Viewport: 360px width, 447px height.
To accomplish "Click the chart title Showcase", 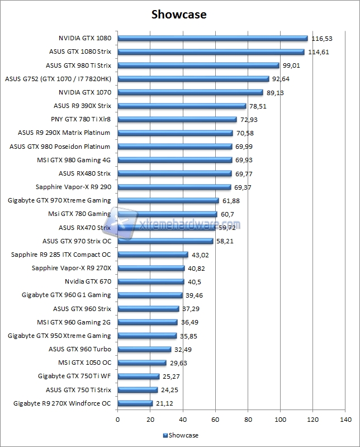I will point(179,15).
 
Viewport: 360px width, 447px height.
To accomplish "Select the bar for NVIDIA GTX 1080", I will point(212,38).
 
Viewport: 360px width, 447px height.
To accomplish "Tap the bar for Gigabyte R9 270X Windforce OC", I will point(135,403).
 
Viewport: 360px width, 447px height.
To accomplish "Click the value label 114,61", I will point(319,52).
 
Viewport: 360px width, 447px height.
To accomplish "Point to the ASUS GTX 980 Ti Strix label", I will point(78,65).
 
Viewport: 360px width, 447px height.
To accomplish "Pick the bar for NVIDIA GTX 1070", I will point(190,92).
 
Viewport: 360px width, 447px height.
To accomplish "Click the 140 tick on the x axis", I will point(345,419).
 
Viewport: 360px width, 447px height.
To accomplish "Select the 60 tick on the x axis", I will point(215,419).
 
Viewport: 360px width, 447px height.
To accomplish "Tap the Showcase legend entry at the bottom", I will point(180,435).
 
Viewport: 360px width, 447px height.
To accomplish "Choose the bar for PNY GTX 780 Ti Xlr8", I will point(177,119).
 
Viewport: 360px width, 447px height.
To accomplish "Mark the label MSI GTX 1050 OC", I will point(84,363).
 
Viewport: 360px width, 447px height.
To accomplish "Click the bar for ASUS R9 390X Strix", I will point(182,106).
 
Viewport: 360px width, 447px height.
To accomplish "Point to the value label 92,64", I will point(285,79).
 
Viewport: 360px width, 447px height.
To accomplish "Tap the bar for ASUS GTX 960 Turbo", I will point(144,349).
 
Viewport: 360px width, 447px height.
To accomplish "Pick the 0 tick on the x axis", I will point(117,419).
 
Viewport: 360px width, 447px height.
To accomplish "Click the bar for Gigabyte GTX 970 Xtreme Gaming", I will point(168,200).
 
